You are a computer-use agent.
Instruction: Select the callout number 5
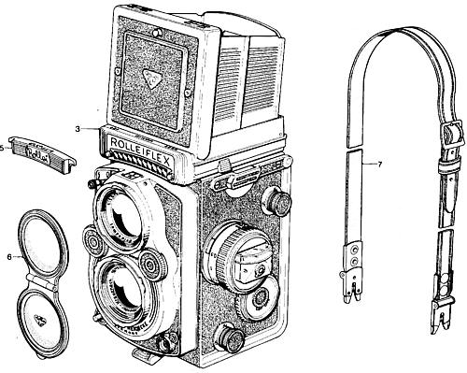coord(4,147)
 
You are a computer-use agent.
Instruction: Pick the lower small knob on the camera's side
coord(229,337)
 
